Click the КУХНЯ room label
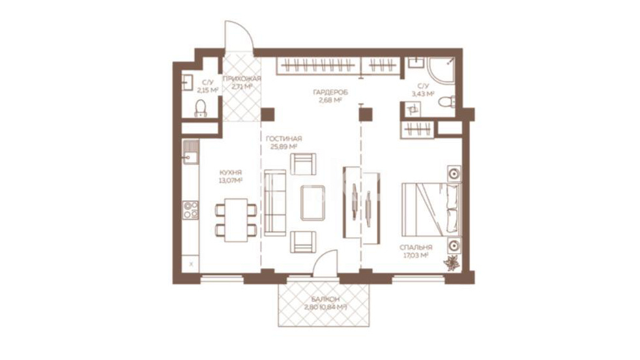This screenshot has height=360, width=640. (x=231, y=173)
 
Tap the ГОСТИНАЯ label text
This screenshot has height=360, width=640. (x=284, y=139)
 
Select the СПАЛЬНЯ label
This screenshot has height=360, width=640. (x=416, y=248)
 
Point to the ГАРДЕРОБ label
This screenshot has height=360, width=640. (x=330, y=93)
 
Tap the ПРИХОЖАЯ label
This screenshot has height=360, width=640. (x=242, y=79)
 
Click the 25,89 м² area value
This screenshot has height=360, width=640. (x=284, y=147)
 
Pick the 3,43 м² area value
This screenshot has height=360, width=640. (x=423, y=94)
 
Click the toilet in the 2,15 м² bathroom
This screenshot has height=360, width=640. (x=201, y=108)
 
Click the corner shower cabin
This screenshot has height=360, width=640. (x=441, y=70)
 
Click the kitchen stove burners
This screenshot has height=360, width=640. (x=190, y=209)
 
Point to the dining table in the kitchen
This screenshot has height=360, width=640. (x=237, y=220)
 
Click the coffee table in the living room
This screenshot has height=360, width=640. (x=313, y=203)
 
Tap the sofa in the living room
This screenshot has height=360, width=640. (x=274, y=203)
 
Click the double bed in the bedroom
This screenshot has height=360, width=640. (x=431, y=209)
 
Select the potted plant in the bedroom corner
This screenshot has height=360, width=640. (x=452, y=263)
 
